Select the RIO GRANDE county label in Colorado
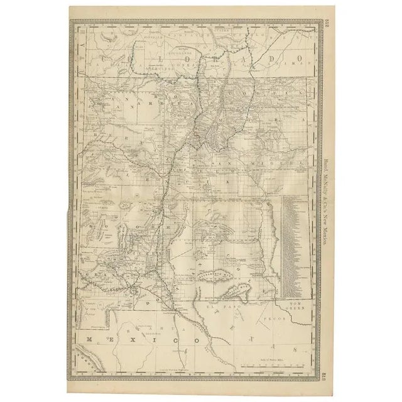[x=170, y=38]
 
